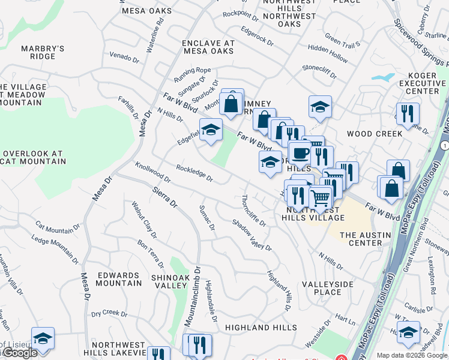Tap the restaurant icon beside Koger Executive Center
coord(408,113)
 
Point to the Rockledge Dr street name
coord(194,173)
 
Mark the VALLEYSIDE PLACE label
coord(330,288)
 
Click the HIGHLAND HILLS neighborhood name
coord(261,328)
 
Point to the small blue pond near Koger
coord(380,77)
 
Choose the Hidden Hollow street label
coord(327,56)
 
